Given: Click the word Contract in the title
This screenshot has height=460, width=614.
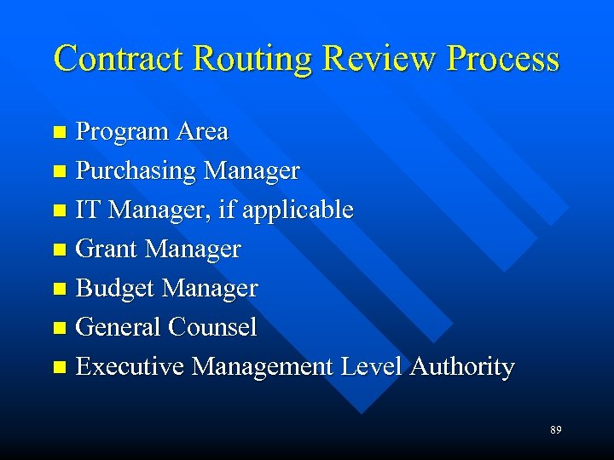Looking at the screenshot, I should pyautogui.click(x=119, y=58).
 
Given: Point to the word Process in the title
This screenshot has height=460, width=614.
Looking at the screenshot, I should pyautogui.click(x=503, y=58).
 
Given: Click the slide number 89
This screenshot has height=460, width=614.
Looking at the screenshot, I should pyautogui.click(x=555, y=430).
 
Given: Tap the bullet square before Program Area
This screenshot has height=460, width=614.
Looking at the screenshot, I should pyautogui.click(x=59, y=132).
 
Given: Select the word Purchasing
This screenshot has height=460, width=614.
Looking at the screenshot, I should pyautogui.click(x=136, y=170).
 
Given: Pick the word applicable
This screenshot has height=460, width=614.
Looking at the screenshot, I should pyautogui.click(x=298, y=210).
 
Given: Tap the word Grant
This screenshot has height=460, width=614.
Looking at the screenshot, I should pyautogui.click(x=107, y=249).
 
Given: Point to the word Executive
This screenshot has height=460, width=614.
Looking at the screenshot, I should pyautogui.click(x=130, y=366).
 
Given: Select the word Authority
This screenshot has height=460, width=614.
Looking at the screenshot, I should pyautogui.click(x=462, y=366).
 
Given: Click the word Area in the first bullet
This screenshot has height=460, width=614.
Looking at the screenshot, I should pyautogui.click(x=202, y=131).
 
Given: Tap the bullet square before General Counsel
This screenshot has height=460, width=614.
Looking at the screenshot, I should pyautogui.click(x=59, y=328).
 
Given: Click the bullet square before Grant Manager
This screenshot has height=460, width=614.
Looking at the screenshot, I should pyautogui.click(x=59, y=250).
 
